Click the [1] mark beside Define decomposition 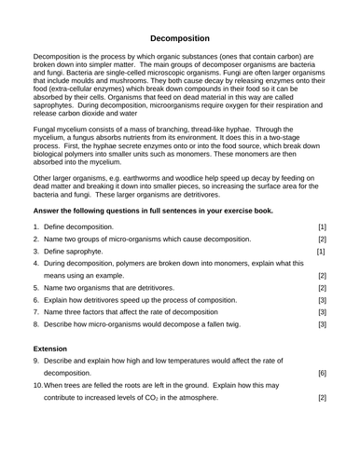(x=322, y=253)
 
